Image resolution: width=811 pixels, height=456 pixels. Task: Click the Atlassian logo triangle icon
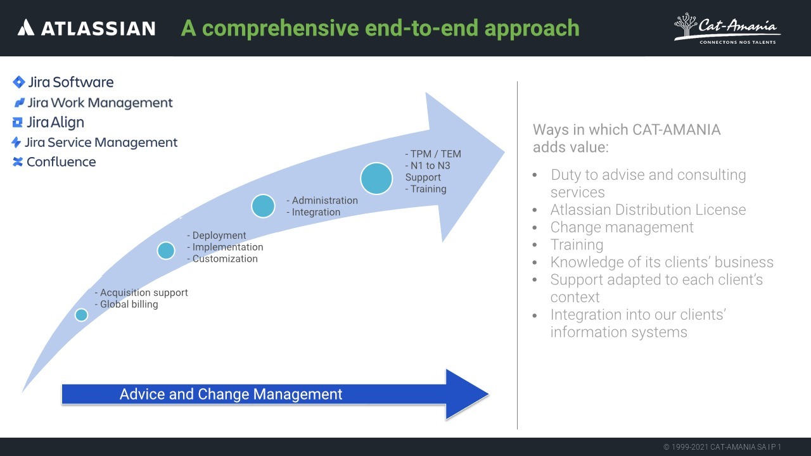(25, 27)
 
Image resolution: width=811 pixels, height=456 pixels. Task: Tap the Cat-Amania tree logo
(685, 27)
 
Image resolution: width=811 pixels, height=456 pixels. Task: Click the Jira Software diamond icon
(19, 82)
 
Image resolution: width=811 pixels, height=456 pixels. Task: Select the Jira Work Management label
(99, 103)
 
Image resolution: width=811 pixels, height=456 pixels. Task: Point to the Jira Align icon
(18, 122)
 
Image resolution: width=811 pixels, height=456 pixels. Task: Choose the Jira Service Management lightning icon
(16, 142)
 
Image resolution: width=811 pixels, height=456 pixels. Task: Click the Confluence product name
(61, 162)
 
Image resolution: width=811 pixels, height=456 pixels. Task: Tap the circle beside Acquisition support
(81, 315)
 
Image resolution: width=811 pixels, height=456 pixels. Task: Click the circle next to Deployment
(166, 251)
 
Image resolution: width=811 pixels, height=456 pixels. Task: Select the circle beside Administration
(263, 206)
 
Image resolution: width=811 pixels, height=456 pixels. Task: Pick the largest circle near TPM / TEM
(376, 178)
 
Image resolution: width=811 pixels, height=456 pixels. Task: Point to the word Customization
(225, 258)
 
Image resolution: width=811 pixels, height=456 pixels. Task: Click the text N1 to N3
(430, 165)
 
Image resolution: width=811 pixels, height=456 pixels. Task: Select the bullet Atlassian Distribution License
(648, 210)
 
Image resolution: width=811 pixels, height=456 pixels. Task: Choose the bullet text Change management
(622, 227)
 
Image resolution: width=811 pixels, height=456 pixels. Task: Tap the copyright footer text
(722, 447)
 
